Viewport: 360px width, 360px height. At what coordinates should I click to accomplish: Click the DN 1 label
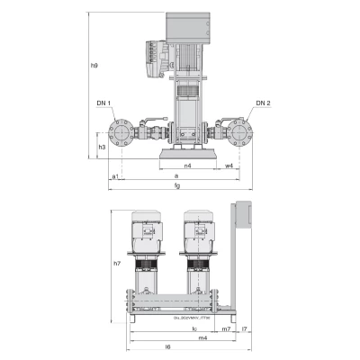coord(102,103)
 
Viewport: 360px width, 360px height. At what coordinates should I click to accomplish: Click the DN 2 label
coord(261,103)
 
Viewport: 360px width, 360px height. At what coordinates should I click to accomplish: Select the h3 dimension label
coord(102,146)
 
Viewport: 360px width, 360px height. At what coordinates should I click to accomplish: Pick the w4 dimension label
coord(229,166)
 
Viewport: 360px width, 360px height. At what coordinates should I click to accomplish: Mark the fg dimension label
coord(177,186)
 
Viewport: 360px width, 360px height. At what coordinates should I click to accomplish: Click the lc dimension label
coord(194,328)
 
